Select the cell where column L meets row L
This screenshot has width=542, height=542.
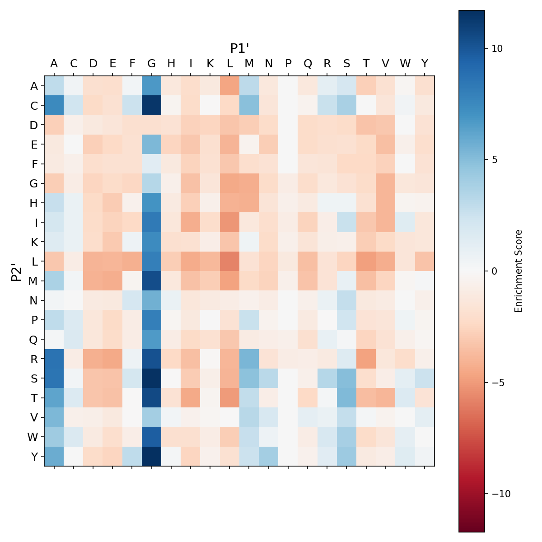click(x=230, y=262)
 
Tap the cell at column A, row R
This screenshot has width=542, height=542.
click(x=54, y=359)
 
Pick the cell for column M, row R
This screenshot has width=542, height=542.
click(x=249, y=359)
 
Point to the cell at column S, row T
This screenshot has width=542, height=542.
click(x=347, y=398)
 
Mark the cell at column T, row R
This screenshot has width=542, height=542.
click(x=366, y=359)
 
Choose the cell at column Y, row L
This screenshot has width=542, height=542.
click(x=425, y=262)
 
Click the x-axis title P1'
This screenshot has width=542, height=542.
click(x=239, y=48)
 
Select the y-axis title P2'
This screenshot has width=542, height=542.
click(x=17, y=271)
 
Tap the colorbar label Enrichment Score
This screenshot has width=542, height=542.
click(x=519, y=271)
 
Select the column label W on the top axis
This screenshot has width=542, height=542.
click(x=405, y=64)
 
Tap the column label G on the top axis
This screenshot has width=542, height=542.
click(x=152, y=64)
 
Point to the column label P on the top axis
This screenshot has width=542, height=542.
click(x=288, y=64)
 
